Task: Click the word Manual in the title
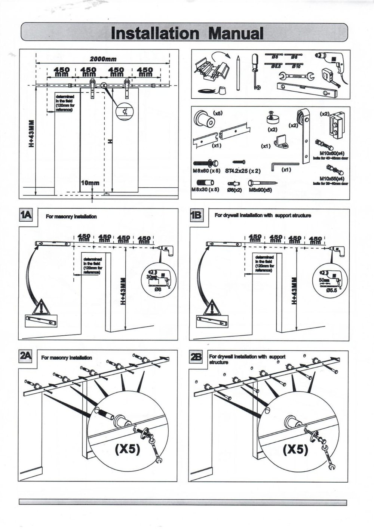click(x=236, y=33)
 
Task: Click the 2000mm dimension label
click(x=103, y=59)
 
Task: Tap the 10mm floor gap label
click(x=90, y=183)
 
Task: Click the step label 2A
click(x=25, y=357)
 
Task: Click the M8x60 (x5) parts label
click(x=206, y=170)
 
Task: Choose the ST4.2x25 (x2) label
click(x=243, y=171)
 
